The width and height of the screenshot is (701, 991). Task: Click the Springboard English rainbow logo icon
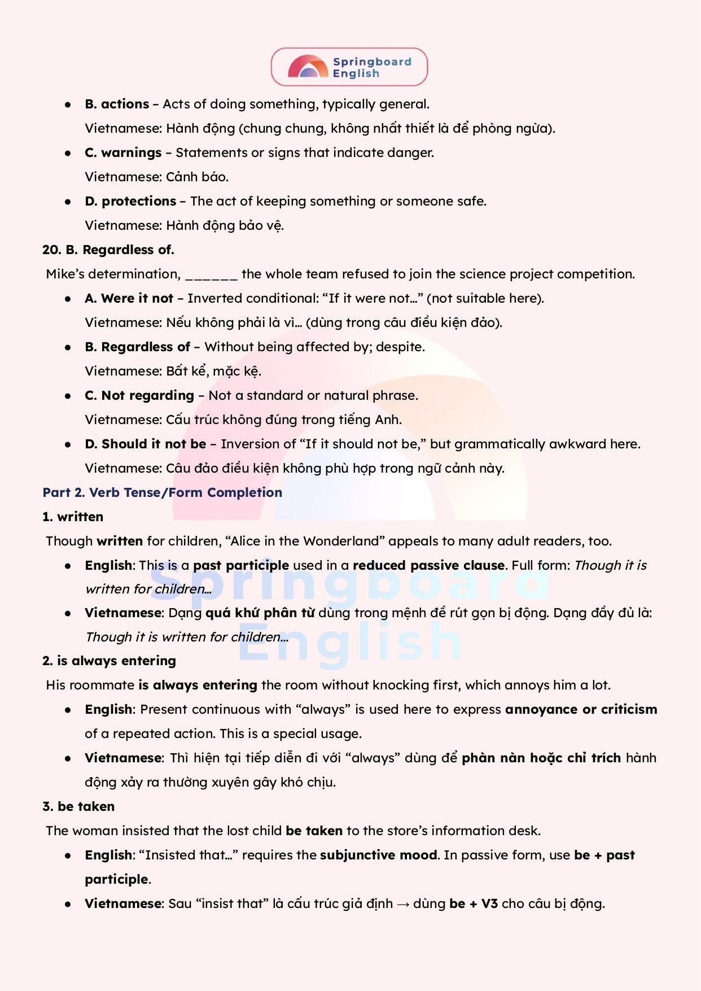[308, 67]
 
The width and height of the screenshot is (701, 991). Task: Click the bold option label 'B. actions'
[117, 104]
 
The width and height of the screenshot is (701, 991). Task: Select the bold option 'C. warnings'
[123, 153]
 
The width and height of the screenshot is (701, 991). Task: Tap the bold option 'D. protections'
[130, 202]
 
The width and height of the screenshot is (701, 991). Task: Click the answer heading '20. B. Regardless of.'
[108, 250]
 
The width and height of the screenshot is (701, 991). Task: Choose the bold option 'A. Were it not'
[129, 299]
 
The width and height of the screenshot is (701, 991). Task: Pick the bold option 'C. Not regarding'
[139, 396]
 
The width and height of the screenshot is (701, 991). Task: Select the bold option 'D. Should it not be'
[145, 444]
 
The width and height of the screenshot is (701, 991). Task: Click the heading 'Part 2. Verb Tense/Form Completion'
[162, 493]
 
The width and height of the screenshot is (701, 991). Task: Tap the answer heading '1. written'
[73, 517]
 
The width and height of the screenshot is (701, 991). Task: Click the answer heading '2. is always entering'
[109, 661]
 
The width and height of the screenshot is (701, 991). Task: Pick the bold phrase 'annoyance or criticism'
[581, 710]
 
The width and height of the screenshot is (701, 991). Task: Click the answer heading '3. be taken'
[78, 807]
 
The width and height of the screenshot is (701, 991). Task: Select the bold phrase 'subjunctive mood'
[379, 855]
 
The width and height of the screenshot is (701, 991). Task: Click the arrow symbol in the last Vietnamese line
[403, 904]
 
